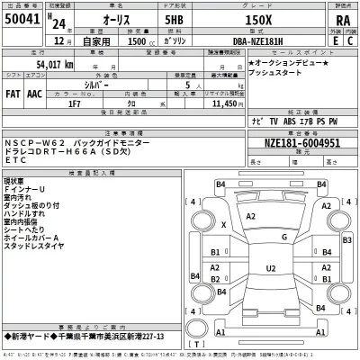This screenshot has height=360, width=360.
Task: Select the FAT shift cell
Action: [14, 93]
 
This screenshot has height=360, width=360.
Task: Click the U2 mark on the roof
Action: [271, 267]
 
